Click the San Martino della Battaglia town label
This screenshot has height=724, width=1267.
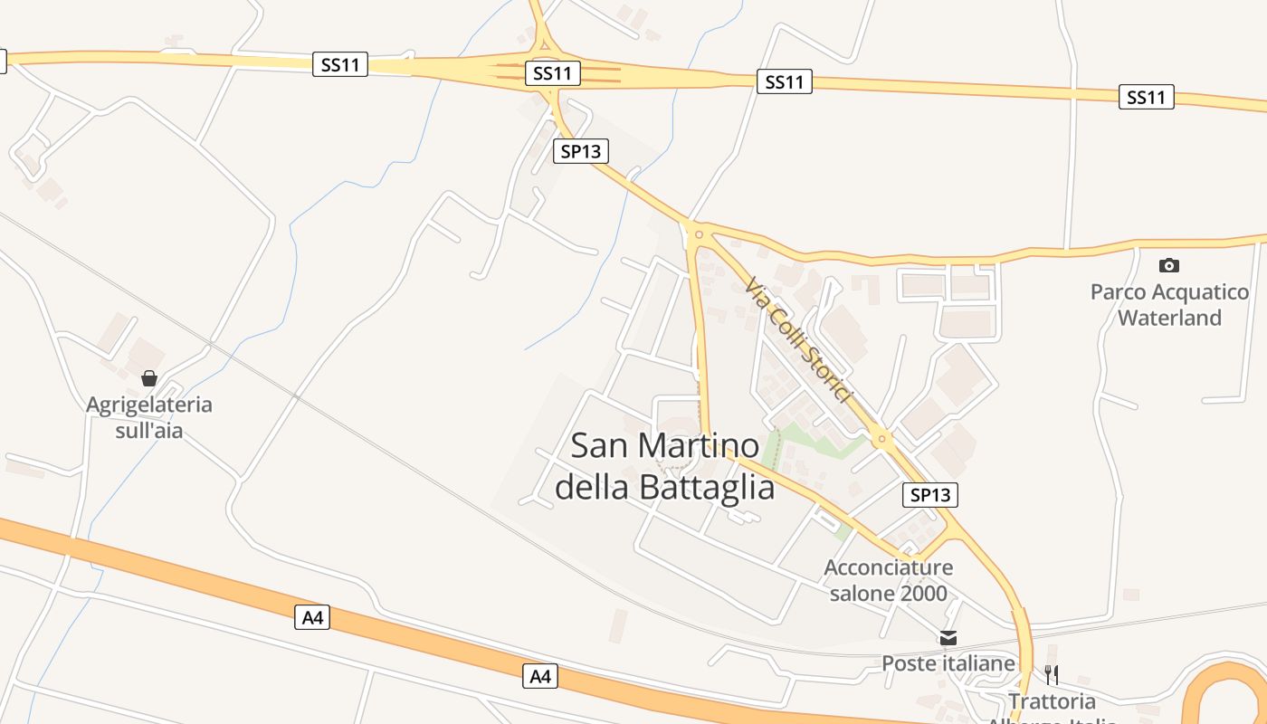[x=665, y=466]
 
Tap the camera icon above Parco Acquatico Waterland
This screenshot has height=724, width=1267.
[x=1169, y=265]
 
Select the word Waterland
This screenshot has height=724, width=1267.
[x=1169, y=318]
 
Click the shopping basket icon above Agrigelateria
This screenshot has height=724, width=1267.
[x=149, y=378]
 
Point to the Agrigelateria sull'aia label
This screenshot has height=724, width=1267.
[x=149, y=417]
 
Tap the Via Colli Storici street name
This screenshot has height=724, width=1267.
[x=799, y=340]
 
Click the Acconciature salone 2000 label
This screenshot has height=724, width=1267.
[x=888, y=580]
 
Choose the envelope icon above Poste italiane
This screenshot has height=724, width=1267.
[x=948, y=638]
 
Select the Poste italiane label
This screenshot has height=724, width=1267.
[x=948, y=663]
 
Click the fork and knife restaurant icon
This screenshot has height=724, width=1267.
[x=1052, y=674]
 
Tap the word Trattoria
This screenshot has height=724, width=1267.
[x=1052, y=701]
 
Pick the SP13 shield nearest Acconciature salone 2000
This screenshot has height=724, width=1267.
[x=930, y=495]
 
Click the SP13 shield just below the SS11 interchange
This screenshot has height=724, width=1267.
[x=581, y=151]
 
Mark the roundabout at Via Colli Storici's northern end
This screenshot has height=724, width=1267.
[x=699, y=234]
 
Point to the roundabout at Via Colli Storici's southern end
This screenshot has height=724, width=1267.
[x=882, y=440]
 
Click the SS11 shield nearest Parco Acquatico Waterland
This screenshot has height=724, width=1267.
[x=1147, y=97]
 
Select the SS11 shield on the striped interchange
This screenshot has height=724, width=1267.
[x=552, y=73]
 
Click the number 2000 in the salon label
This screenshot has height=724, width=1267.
[x=918, y=594]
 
